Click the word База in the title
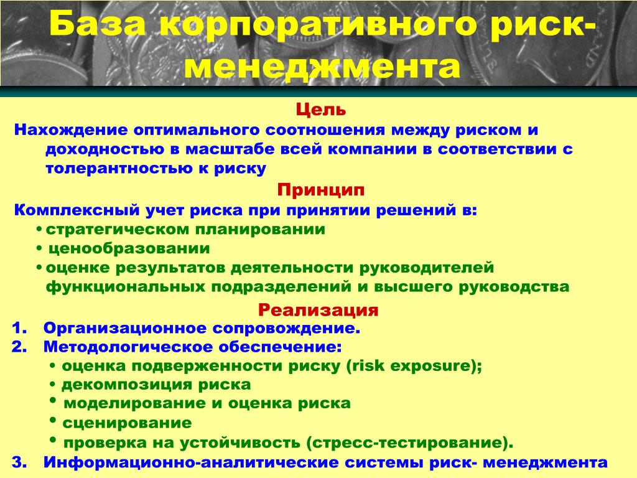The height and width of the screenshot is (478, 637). [98, 24]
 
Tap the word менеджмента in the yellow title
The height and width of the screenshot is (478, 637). [322, 67]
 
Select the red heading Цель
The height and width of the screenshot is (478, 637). [320, 110]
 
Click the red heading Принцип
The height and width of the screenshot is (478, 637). [321, 190]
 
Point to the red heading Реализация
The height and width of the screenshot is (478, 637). [318, 310]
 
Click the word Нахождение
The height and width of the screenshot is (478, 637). [71, 130]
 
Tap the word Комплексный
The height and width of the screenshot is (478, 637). [77, 210]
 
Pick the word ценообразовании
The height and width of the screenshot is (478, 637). [129, 248]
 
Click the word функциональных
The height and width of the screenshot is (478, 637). [125, 287]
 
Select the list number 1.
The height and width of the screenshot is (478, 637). [19, 328]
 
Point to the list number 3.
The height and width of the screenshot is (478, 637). [19, 462]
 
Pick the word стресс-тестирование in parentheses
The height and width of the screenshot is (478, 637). [407, 443]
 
